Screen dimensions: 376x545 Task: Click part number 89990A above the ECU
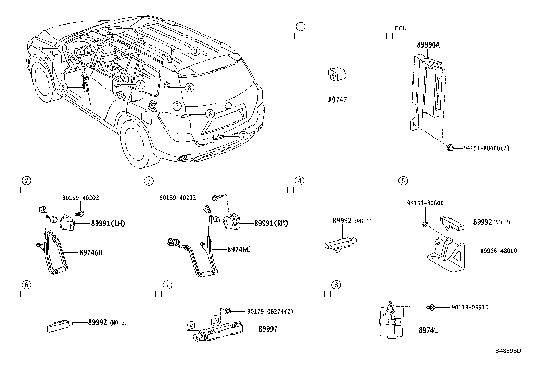(428, 44)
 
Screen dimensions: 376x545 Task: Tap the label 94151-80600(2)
(486, 148)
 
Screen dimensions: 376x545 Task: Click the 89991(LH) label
(108, 224)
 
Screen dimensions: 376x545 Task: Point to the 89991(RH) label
(271, 224)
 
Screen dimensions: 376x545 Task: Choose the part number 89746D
(91, 253)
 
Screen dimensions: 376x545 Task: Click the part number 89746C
(239, 250)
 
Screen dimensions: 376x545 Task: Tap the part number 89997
(268, 329)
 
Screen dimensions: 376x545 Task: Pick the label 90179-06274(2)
(270, 311)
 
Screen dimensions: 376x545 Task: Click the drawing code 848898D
(508, 351)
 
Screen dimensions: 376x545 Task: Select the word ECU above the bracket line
(401, 28)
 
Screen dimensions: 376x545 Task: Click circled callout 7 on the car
(243, 136)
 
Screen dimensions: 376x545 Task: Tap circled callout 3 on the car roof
(194, 51)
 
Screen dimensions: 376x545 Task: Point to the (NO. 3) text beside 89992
(118, 323)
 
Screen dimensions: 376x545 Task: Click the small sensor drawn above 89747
(336, 74)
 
